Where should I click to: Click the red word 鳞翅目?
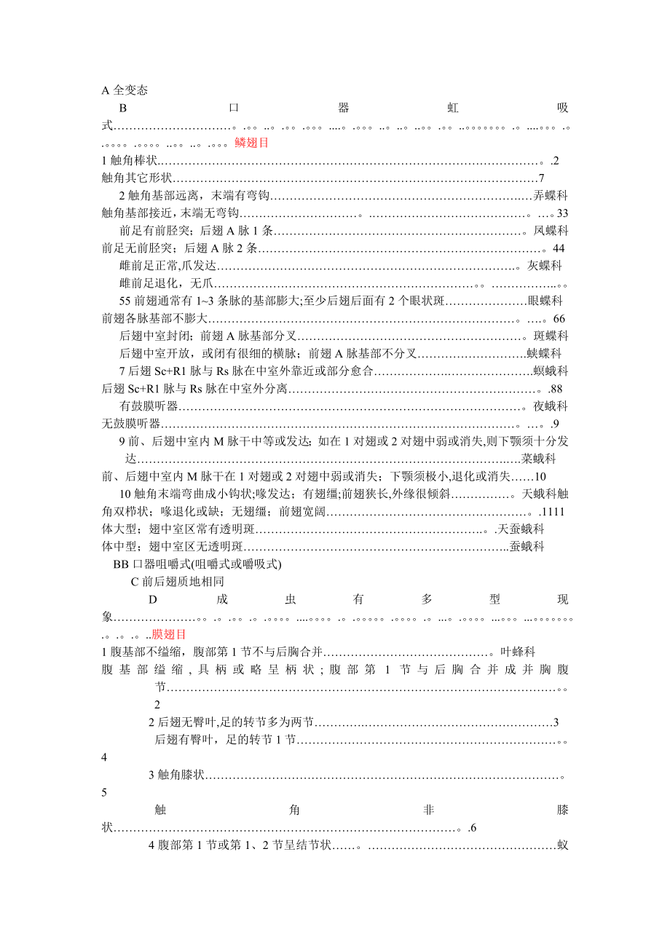coord(252,143)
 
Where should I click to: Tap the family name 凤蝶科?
coord(551,231)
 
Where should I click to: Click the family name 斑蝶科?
coord(551,336)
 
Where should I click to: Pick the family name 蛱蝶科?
coord(544,353)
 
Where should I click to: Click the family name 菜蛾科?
coord(539,459)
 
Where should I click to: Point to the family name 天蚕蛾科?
coord(521,529)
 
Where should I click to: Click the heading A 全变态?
coord(125,90)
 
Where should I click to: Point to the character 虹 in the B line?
coord(453,108)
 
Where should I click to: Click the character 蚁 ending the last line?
coord(562,845)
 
